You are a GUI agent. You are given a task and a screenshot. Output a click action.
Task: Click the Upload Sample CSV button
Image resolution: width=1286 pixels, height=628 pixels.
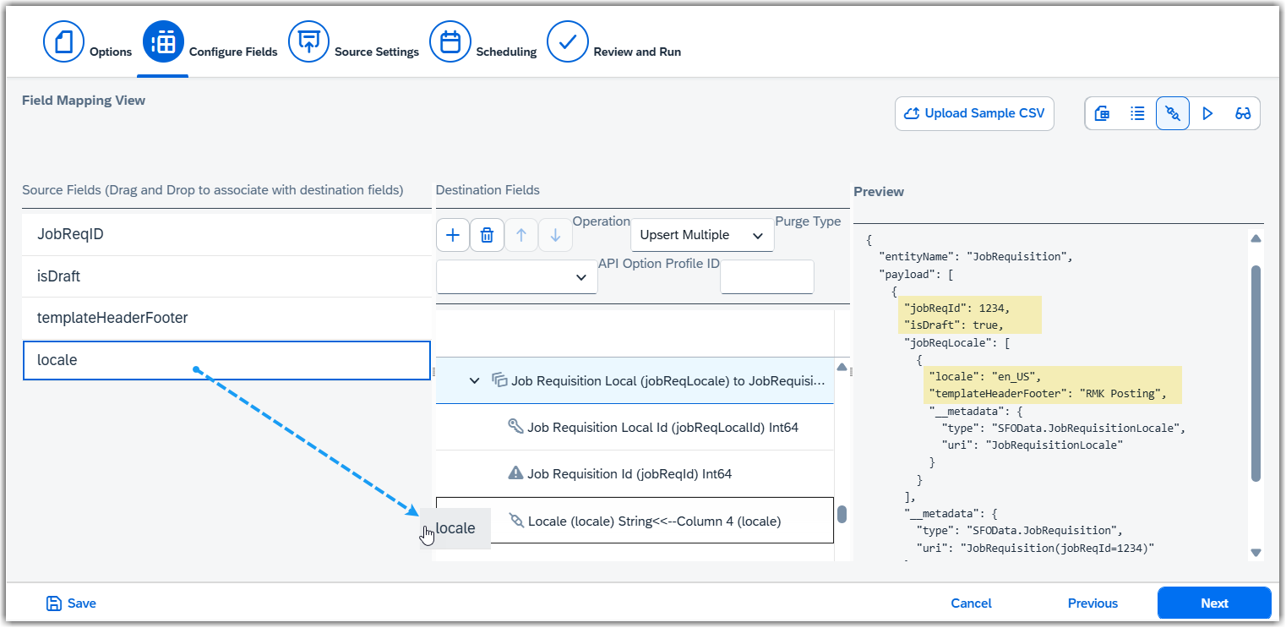click(x=974, y=113)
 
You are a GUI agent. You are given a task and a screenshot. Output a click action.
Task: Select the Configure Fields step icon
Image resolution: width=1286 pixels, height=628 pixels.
click(x=163, y=41)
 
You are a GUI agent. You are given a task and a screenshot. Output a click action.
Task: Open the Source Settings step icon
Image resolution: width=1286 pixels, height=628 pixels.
click(x=308, y=41)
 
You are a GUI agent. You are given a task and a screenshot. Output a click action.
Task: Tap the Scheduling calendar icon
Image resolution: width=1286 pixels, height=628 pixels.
click(x=450, y=41)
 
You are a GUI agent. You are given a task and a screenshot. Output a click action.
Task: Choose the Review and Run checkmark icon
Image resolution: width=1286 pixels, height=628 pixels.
click(x=567, y=41)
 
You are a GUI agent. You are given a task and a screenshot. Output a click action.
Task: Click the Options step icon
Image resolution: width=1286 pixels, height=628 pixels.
click(x=63, y=41)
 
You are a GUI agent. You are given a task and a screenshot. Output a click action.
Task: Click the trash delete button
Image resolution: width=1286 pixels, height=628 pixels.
click(x=487, y=235)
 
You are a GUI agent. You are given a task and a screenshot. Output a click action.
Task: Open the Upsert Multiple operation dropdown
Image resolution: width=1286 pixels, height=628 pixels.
click(x=702, y=235)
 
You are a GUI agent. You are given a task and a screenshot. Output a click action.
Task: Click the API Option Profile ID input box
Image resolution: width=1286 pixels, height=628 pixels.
click(x=767, y=276)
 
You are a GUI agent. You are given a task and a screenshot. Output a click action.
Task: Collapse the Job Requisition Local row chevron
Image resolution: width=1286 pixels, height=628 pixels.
click(x=474, y=380)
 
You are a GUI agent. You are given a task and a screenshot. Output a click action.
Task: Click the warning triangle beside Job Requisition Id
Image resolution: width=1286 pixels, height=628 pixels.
click(x=515, y=472)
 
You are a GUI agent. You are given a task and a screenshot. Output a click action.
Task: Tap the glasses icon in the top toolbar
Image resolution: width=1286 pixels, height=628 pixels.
click(x=1243, y=113)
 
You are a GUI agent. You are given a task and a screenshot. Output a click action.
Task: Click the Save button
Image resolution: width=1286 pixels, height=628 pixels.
click(x=71, y=603)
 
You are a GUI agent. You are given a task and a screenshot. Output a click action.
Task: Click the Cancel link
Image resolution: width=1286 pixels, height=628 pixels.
click(x=971, y=603)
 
